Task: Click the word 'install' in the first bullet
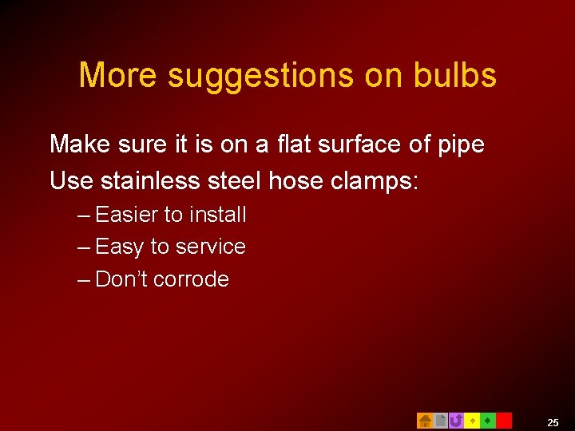(218, 215)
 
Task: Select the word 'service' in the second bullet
(211, 247)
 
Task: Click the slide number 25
(553, 422)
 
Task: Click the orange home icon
(425, 421)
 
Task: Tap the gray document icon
(440, 421)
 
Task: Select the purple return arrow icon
(456, 421)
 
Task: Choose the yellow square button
(472, 421)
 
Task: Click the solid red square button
(504, 421)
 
